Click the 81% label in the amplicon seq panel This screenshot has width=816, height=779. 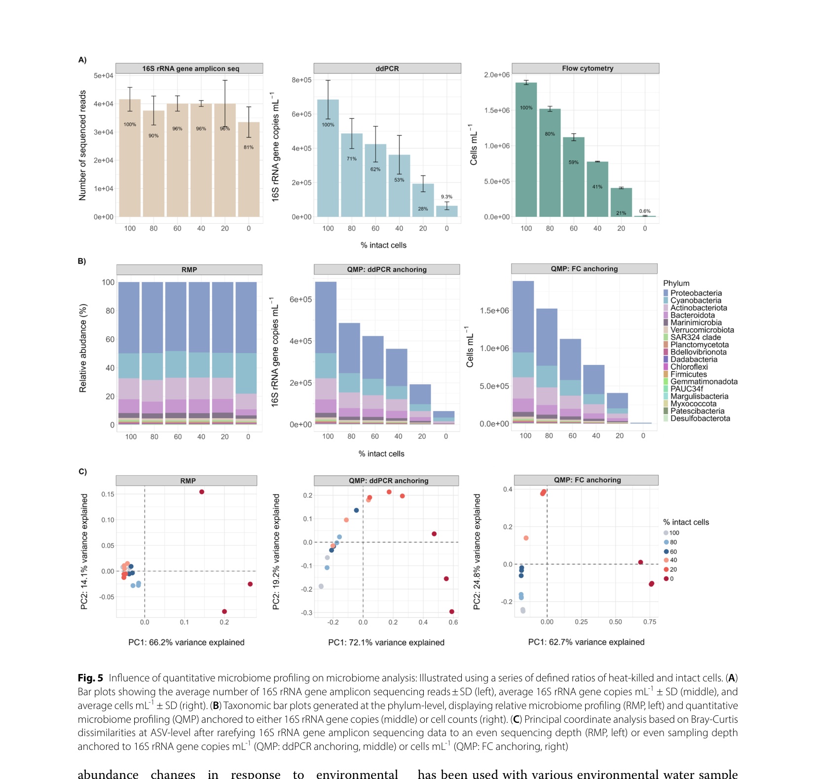point(249,147)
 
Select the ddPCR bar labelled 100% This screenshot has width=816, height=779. point(328,158)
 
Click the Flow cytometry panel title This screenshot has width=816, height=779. point(588,69)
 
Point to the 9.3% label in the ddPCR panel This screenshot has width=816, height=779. point(446,197)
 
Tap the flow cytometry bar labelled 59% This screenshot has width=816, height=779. point(573,177)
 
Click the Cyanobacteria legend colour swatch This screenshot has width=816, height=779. point(666,300)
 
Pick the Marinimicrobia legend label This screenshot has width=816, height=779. point(696,322)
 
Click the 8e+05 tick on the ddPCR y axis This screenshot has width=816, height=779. point(301,80)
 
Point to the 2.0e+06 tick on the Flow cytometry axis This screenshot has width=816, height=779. point(497,75)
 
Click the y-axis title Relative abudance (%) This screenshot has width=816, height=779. point(83,348)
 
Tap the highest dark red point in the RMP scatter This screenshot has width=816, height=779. point(202,492)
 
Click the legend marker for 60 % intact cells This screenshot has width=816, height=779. point(666,552)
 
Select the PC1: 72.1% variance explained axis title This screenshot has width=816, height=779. point(386,642)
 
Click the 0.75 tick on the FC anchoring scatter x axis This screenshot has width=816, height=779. point(650,622)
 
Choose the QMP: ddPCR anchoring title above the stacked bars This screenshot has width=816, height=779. point(387,270)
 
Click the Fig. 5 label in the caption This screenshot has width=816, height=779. point(90,678)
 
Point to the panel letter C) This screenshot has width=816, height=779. point(82,471)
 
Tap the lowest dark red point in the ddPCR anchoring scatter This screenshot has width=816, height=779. point(452,612)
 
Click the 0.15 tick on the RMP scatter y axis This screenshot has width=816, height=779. point(108,494)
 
